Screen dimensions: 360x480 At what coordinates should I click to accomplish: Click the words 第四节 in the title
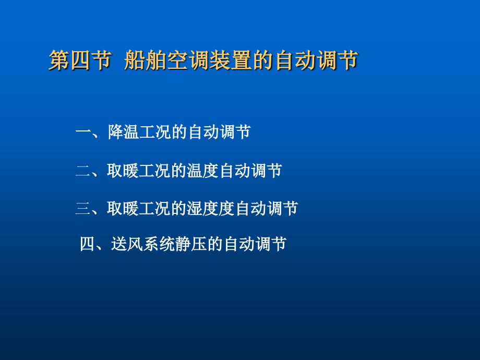tap(79, 61)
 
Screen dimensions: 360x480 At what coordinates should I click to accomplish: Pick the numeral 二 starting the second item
tap(83, 171)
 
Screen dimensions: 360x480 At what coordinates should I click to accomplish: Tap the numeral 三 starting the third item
tap(83, 209)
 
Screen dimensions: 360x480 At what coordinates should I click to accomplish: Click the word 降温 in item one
tap(124, 132)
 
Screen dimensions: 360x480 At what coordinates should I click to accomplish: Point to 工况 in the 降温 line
tap(157, 132)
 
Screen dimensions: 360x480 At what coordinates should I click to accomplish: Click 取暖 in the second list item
tap(124, 171)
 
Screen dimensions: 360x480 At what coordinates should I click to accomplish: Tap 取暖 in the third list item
tap(124, 209)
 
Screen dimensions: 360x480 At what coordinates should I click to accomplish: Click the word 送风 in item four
tap(127, 244)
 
